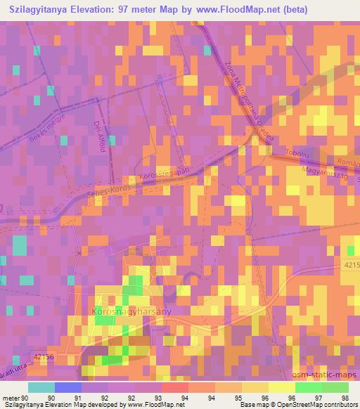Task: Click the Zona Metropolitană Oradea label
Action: click(248, 101)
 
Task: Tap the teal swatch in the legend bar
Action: click(41, 388)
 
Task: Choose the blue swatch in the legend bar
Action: click(68, 388)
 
